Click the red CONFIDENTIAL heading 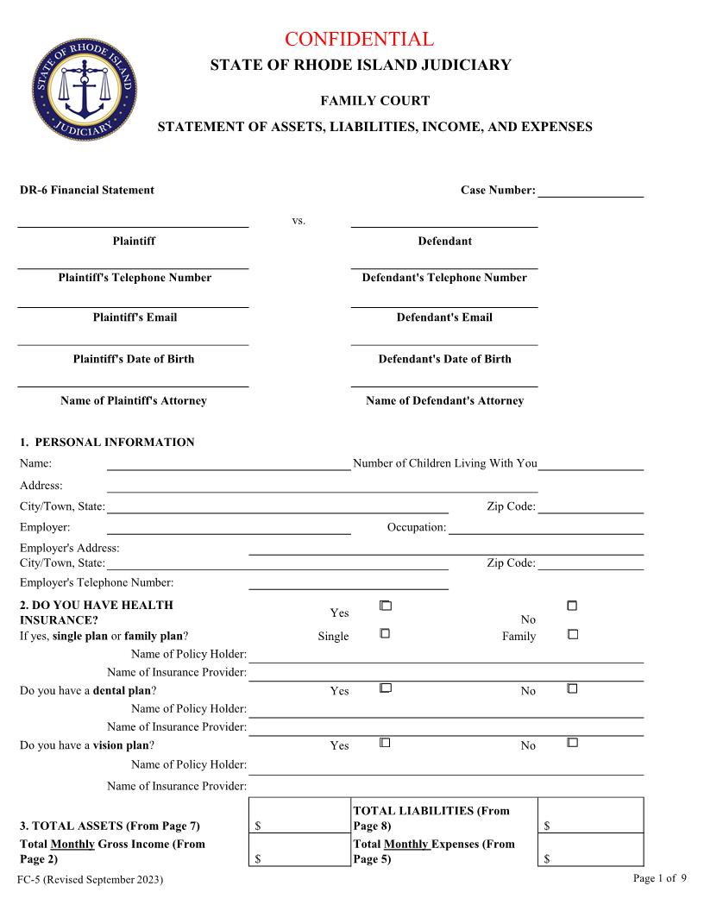click(x=359, y=39)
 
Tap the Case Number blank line click(x=590, y=192)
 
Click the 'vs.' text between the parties click(x=299, y=221)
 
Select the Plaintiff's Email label click(x=135, y=317)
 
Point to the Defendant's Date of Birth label click(x=444, y=359)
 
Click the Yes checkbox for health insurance click(x=386, y=606)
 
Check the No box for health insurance click(x=572, y=606)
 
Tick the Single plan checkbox click(x=386, y=633)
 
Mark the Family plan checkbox click(x=572, y=634)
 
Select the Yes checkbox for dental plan click(x=386, y=688)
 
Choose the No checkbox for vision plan click(x=572, y=742)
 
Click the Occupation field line click(x=545, y=528)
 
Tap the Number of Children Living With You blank click(x=590, y=464)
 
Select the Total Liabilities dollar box click(x=591, y=815)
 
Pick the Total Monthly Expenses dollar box click(x=591, y=850)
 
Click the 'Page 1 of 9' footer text click(x=660, y=878)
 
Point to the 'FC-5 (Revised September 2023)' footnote click(x=91, y=879)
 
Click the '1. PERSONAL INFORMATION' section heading click(x=107, y=443)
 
